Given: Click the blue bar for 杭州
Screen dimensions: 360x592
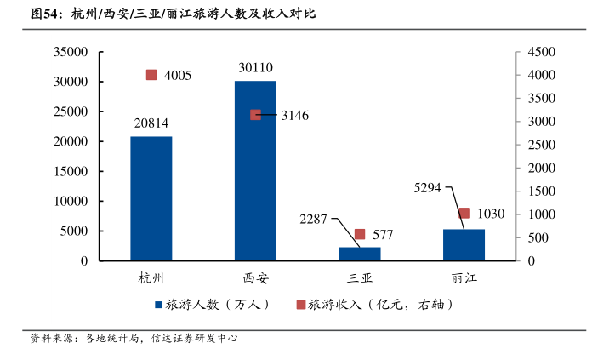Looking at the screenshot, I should [151, 198].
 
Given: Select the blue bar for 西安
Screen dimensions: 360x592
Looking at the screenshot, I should [255, 170].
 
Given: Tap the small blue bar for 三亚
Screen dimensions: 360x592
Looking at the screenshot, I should [360, 254].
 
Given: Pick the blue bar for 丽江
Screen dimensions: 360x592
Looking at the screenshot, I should [464, 244].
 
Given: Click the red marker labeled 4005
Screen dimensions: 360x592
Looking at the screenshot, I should [151, 75].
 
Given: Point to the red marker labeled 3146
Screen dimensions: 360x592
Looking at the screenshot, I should [255, 115].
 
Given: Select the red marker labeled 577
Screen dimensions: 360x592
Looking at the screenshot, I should [360, 234].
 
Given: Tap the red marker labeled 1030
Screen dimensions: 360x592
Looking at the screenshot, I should [464, 213].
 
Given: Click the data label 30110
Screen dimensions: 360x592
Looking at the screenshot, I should [255, 67].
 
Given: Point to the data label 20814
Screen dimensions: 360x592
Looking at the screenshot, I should [151, 123].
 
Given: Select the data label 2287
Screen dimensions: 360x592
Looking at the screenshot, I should [313, 220].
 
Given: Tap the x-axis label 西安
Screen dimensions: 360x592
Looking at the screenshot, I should [255, 277].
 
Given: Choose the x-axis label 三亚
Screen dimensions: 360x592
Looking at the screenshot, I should [360, 277].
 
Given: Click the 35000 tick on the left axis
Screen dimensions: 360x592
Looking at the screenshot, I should [71, 52].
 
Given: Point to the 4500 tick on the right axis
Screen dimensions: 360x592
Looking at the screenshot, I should [541, 52].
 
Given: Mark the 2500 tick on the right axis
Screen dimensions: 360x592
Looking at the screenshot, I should [541, 145].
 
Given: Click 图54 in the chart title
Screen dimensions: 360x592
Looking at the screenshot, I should [45, 14].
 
